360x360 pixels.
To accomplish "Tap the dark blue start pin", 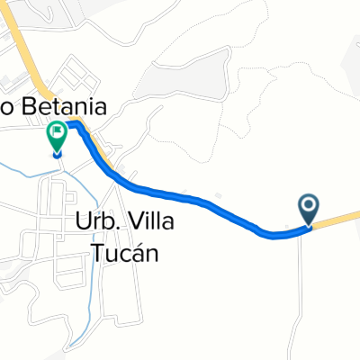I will coord(308,210).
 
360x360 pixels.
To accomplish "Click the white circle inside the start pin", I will coord(308,206).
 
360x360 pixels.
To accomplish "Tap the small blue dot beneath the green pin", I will coord(57,153).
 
